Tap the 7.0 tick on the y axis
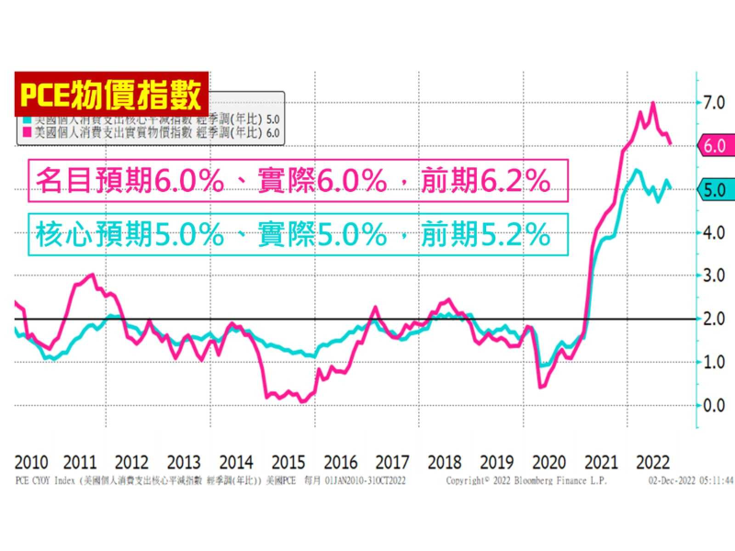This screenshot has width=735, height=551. click(x=713, y=102)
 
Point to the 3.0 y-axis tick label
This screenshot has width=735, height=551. click(x=713, y=275)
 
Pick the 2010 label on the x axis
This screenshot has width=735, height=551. click(x=31, y=461)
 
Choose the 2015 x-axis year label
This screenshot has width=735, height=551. click(x=289, y=461)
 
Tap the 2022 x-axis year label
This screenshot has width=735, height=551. click(x=651, y=461)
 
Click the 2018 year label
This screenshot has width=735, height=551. click(x=445, y=461)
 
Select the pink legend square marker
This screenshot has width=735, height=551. click(x=28, y=133)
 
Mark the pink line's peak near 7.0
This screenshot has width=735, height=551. click(x=652, y=104)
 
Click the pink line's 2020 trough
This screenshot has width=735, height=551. click(x=541, y=387)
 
